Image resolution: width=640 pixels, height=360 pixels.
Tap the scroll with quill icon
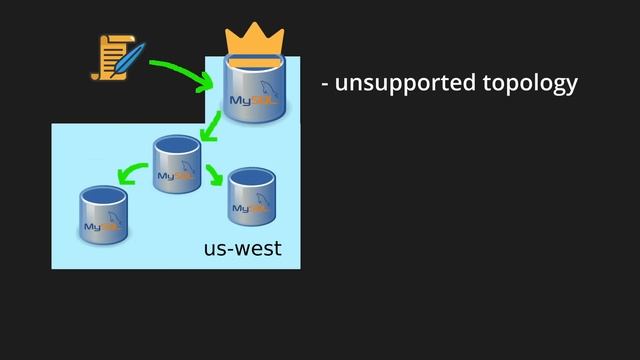tap(113, 57)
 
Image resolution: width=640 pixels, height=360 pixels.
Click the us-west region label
tap(243, 247)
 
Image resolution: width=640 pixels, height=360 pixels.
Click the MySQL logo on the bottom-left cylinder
tap(101, 225)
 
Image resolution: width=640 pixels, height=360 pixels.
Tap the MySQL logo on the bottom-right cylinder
tap(248, 207)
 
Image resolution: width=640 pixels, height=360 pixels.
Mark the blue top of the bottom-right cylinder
tap(251, 176)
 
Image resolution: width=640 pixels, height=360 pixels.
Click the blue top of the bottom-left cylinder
tap(104, 194)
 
